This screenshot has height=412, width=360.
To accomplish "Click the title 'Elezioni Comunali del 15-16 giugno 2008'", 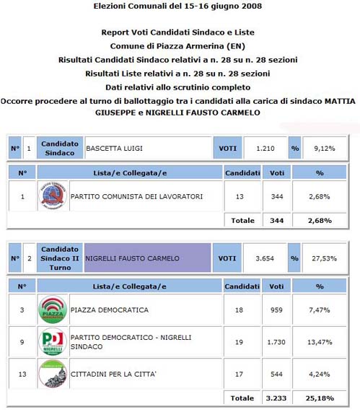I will (178, 6).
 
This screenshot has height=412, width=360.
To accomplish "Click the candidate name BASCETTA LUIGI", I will (114, 149).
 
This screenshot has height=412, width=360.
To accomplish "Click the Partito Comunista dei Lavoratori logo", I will (53, 196).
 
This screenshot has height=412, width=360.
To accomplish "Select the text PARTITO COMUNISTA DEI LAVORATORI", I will (136, 196).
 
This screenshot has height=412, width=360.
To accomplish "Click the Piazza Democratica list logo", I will (53, 310).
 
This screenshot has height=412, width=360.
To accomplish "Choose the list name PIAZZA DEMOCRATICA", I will (109, 310).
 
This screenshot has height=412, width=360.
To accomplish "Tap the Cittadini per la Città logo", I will (53, 374).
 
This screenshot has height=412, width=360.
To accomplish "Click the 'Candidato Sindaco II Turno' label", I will (60, 258).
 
